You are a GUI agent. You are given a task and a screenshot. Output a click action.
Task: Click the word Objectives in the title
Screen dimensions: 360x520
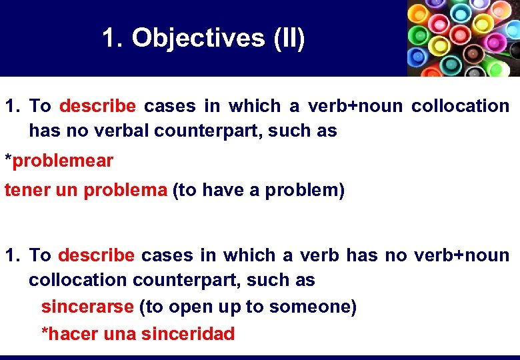[x=198, y=38]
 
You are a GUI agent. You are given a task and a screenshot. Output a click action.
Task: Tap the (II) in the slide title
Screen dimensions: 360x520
[x=289, y=38]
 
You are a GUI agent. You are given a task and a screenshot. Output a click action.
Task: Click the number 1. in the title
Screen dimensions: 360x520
[x=113, y=38]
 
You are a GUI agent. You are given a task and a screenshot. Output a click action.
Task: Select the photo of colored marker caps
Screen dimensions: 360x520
[x=463, y=38]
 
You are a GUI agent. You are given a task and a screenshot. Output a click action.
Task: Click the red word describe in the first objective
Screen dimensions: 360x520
[x=97, y=106]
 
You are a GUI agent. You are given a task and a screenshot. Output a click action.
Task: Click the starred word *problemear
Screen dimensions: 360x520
[x=59, y=161]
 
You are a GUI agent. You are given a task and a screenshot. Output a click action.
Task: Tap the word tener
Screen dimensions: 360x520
[x=26, y=190]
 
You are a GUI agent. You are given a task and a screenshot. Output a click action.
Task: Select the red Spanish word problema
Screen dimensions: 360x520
[x=125, y=190]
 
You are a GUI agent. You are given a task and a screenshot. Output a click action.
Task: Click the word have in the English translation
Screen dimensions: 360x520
[x=221, y=190]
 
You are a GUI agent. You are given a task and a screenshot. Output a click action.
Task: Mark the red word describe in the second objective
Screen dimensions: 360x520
[x=97, y=255]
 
